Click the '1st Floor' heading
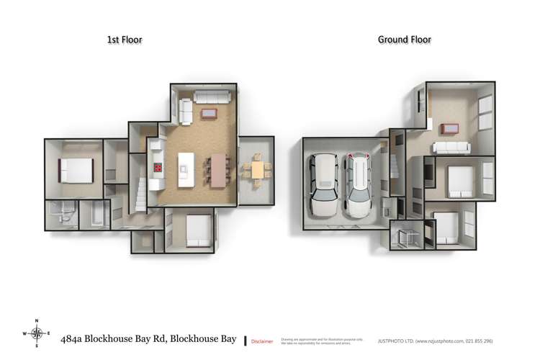pyautogui.click(x=124, y=40)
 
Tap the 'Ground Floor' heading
pyautogui.click(x=404, y=40)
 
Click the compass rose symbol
pyautogui.click(x=37, y=333)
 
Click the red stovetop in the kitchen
pyautogui.click(x=157, y=168)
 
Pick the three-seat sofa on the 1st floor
pyautogui.click(x=212, y=98)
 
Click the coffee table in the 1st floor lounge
pyautogui.click(x=210, y=113)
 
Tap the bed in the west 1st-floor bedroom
pyautogui.click(x=76, y=170)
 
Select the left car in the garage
pyautogui.click(x=323, y=186)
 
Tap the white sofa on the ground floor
pyautogui.click(x=451, y=147)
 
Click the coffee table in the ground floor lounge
pyautogui.click(x=451, y=128)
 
